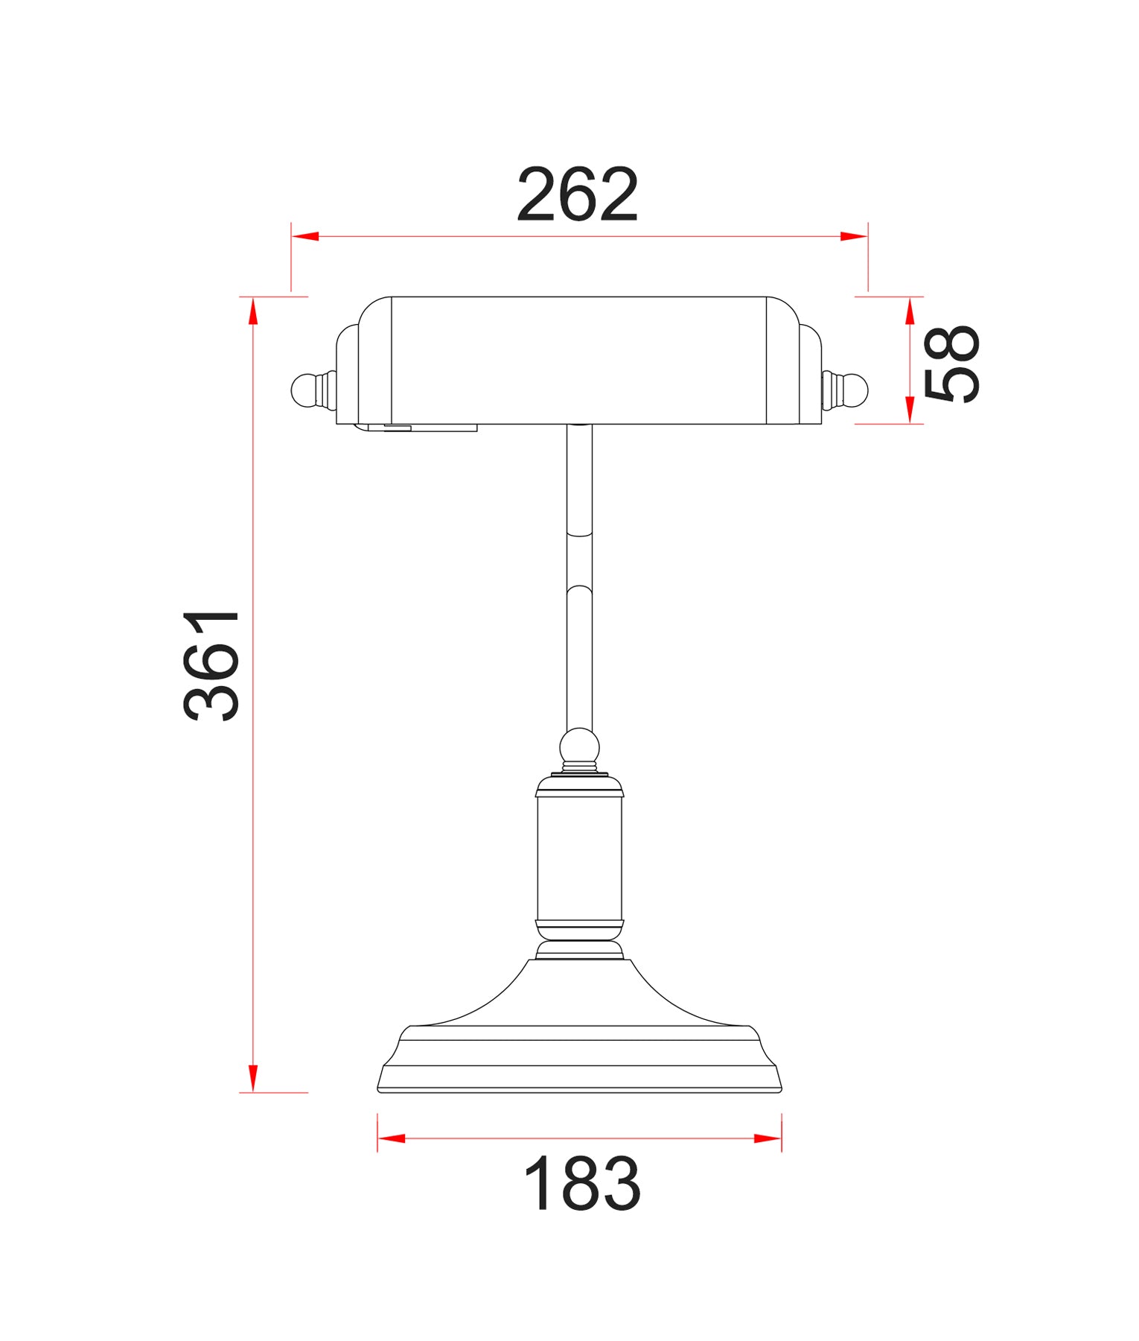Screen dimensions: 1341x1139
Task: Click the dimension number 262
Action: tap(578, 194)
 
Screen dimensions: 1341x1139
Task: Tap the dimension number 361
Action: tap(212, 665)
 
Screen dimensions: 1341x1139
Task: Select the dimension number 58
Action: tap(951, 364)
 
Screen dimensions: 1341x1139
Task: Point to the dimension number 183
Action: tap(581, 1184)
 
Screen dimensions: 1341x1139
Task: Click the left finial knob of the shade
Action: tap(304, 390)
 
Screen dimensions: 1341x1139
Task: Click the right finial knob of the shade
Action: tap(855, 390)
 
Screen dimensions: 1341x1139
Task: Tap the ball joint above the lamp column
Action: tap(579, 746)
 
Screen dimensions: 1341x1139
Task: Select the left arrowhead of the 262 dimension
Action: tap(306, 236)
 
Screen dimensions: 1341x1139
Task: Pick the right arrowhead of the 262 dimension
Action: tap(853, 236)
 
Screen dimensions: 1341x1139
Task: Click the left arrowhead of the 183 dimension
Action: tap(392, 1138)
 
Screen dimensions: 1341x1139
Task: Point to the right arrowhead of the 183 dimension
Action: tap(768, 1138)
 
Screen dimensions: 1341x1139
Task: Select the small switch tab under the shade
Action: tap(398, 428)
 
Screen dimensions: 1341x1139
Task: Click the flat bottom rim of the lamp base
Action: tap(579, 1090)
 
